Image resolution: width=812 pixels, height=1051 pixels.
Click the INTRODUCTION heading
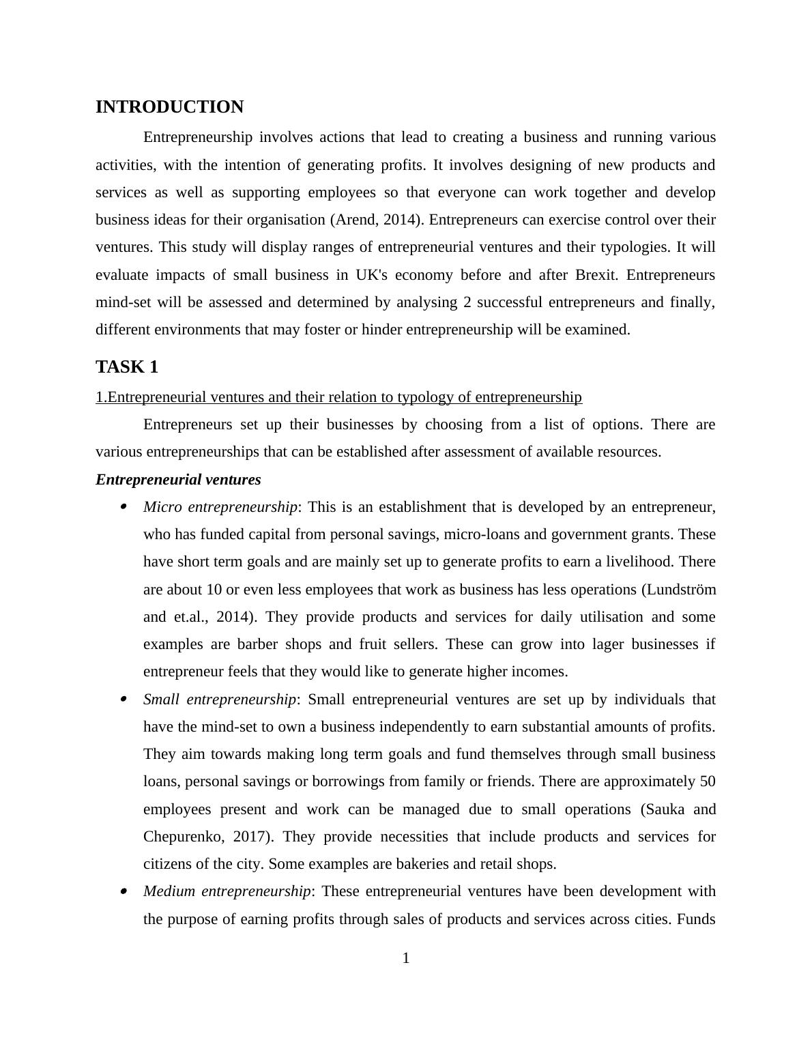pos(169,107)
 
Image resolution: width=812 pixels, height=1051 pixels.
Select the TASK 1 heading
pos(127,367)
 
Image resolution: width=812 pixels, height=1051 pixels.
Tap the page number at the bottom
pos(406,959)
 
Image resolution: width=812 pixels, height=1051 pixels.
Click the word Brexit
pos(596,275)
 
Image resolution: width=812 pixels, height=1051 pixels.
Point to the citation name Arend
pos(353,220)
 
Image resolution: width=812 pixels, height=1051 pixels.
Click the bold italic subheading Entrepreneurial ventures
pos(178,480)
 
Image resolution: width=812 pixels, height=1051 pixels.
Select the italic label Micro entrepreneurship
pos(220,507)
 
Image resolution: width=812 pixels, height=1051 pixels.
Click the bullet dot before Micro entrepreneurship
pos(124,507)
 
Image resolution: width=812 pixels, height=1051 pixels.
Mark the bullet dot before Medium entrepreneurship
pos(124,891)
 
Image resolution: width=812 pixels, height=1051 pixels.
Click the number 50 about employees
pos(708,781)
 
